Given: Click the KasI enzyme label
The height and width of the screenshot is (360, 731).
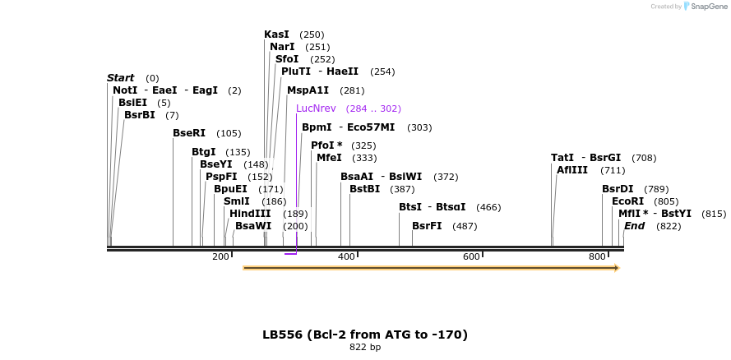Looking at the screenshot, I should pyautogui.click(x=276, y=35).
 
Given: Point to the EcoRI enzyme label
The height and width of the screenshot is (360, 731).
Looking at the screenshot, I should pyautogui.click(x=627, y=201).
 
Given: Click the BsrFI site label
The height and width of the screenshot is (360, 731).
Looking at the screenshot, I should pyautogui.click(x=427, y=225).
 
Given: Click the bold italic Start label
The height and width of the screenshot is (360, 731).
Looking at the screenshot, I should pyautogui.click(x=120, y=78).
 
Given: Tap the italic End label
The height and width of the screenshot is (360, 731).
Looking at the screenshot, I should pyautogui.click(x=634, y=225).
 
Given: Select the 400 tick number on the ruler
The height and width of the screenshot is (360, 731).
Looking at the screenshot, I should pyautogui.click(x=345, y=257).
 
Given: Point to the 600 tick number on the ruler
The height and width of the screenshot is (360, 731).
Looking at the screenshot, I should pyautogui.click(x=471, y=257).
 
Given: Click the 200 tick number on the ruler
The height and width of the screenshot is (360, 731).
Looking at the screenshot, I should pyautogui.click(x=220, y=257).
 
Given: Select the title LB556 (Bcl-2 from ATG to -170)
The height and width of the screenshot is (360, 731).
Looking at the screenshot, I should pyautogui.click(x=365, y=335).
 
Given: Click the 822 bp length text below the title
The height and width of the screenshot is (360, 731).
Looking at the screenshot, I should pyautogui.click(x=365, y=347).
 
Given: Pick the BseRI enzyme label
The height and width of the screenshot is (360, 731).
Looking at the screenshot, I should pyautogui.click(x=189, y=133).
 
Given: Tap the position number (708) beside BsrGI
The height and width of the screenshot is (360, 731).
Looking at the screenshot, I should pyautogui.click(x=644, y=158).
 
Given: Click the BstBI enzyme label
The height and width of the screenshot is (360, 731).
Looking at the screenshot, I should pyautogui.click(x=364, y=189).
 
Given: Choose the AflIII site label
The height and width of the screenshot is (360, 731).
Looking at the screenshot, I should pyautogui.click(x=572, y=170).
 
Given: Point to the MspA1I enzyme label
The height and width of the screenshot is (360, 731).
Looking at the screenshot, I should pyautogui.click(x=308, y=90).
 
